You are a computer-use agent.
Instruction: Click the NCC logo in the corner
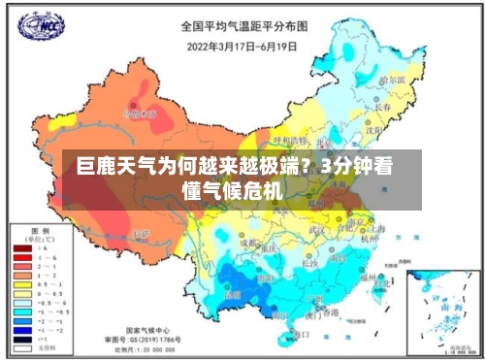40,26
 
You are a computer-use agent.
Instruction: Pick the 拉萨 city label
142,234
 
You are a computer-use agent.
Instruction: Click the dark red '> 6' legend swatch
22,249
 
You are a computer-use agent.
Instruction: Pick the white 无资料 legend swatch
22,346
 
